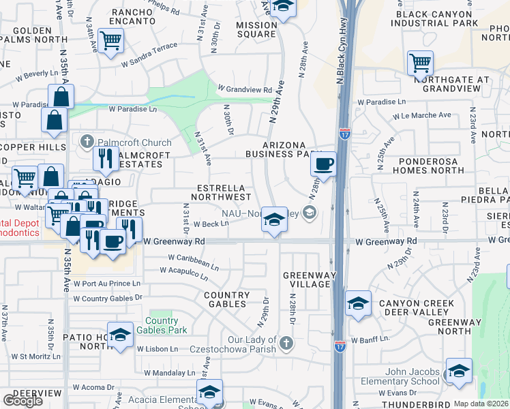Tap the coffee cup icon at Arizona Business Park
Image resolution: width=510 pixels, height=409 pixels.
[x=324, y=164]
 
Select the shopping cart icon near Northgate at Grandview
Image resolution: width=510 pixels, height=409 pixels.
[x=420, y=64]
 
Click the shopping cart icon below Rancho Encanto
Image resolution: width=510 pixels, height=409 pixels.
[x=109, y=40]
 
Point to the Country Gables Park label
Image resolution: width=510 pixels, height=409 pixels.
[x=162, y=326]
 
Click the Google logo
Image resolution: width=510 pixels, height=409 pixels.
[x=22, y=400]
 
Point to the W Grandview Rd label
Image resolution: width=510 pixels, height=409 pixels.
[x=245, y=89]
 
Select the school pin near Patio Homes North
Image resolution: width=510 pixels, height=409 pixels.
[x=120, y=335]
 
